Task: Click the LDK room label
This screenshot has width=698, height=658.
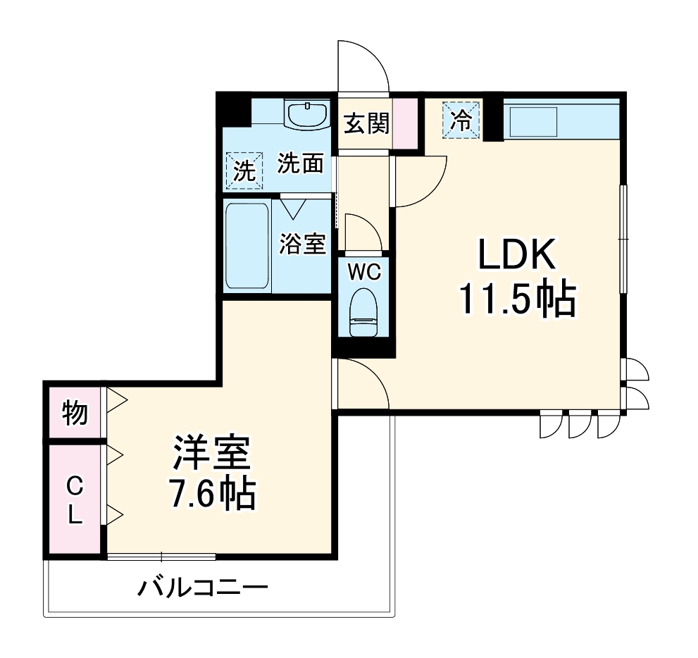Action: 518,254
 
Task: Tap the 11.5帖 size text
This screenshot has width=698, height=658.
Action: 518,299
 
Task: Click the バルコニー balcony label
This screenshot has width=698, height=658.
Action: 203,586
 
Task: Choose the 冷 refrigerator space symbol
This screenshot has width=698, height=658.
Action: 462,120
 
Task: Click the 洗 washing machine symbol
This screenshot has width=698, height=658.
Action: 243,171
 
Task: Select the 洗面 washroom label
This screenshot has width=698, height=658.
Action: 300,163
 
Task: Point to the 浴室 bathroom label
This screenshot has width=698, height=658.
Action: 302,244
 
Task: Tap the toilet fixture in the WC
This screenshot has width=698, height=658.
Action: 364,314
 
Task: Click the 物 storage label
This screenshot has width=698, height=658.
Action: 75,414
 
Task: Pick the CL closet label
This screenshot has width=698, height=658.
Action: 75,499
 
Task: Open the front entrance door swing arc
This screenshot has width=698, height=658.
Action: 363,67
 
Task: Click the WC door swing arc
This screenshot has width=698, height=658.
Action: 363,232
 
